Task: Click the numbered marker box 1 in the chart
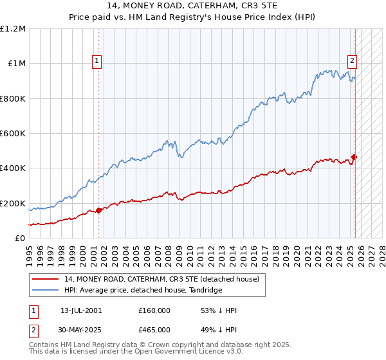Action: click(96, 62)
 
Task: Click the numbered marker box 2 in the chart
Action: click(353, 62)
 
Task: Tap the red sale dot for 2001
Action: click(99, 210)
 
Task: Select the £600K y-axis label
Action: click(12, 134)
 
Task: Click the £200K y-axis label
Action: click(12, 203)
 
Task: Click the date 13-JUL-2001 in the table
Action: click(81, 310)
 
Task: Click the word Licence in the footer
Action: click(187, 352)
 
